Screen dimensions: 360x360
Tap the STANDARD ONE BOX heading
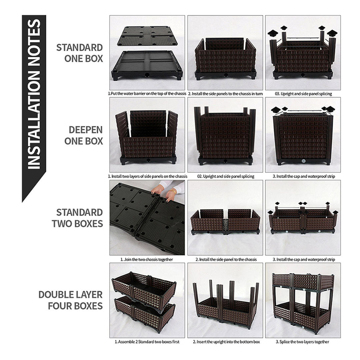click(79, 53)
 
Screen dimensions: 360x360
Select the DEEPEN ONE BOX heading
click(84, 135)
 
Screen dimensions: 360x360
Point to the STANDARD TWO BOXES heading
click(77, 218)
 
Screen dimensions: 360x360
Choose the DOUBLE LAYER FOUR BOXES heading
click(70, 300)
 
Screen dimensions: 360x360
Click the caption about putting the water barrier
click(147, 94)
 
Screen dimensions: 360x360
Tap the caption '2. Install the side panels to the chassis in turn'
click(225, 94)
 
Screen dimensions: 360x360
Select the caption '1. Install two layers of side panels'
click(147, 176)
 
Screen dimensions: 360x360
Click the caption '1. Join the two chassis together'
click(147, 259)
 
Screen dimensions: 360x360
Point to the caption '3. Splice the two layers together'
click(303, 342)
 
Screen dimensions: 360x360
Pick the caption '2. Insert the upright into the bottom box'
click(225, 342)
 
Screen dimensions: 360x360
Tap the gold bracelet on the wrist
click(174, 191)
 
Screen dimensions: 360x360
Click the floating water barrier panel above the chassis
click(147, 36)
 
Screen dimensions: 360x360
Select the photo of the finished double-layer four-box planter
click(303, 300)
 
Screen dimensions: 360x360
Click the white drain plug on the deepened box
click(303, 161)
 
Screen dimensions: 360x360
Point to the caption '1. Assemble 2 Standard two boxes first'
click(147, 342)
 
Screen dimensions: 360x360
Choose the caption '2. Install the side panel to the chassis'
click(225, 259)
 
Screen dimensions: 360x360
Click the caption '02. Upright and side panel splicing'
click(225, 176)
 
